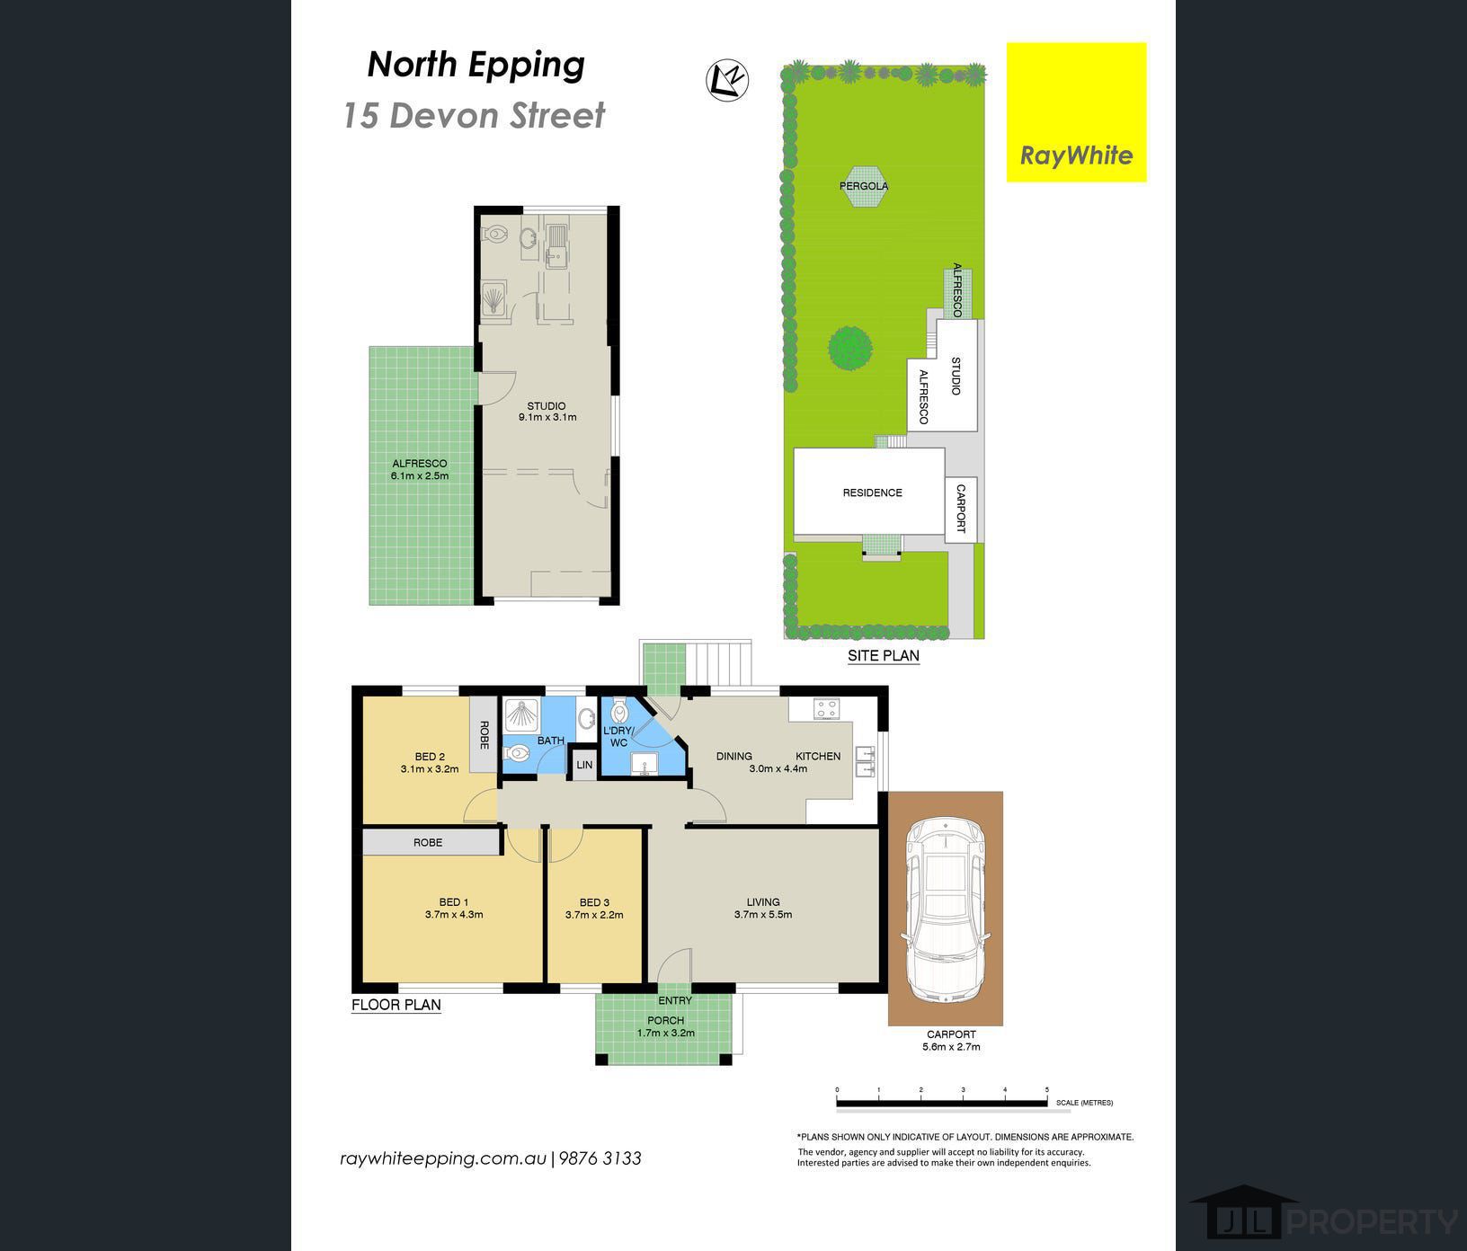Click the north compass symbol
(x=728, y=80)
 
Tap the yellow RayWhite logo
(x=1076, y=112)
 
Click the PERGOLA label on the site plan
(x=864, y=186)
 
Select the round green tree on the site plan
(x=849, y=347)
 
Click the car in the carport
(x=946, y=909)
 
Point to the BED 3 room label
(x=594, y=902)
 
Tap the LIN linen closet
(x=584, y=765)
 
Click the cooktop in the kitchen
(x=826, y=709)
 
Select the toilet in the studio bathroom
(x=495, y=235)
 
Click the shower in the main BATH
(x=520, y=716)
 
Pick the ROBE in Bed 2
(x=484, y=734)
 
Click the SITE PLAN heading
(x=884, y=656)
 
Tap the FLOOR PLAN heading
(x=396, y=1005)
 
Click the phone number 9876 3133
(x=600, y=1158)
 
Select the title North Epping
(x=476, y=65)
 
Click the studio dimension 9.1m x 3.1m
(x=547, y=417)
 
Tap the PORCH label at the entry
(x=665, y=1020)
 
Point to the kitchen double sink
(x=866, y=761)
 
